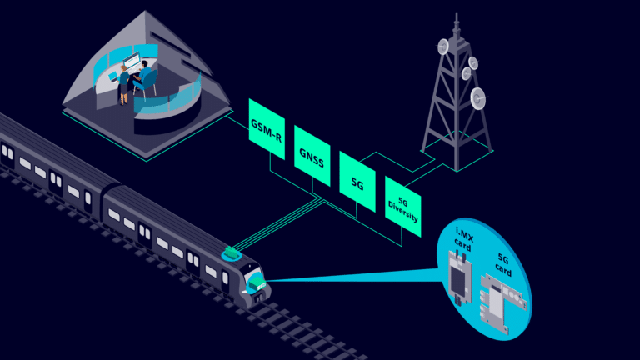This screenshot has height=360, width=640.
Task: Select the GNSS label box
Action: [311, 157]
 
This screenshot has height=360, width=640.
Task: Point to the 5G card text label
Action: [502, 264]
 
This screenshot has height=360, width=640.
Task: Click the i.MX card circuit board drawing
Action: [457, 276]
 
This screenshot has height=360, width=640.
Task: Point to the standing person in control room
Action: [124, 79]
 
